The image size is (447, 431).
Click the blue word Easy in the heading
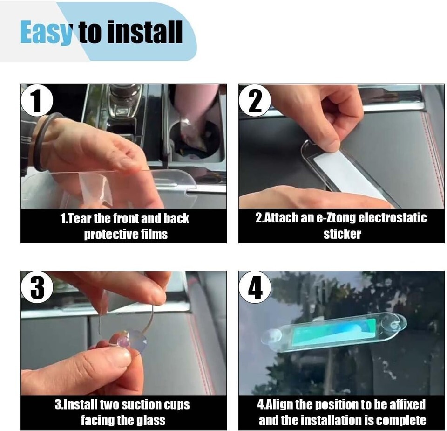(x=46, y=32)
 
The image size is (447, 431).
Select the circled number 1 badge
(x=37, y=100)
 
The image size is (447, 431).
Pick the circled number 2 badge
(x=255, y=100)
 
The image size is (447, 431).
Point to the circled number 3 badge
(x=37, y=287)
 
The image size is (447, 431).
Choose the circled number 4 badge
(x=255, y=287)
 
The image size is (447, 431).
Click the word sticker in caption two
(x=342, y=234)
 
